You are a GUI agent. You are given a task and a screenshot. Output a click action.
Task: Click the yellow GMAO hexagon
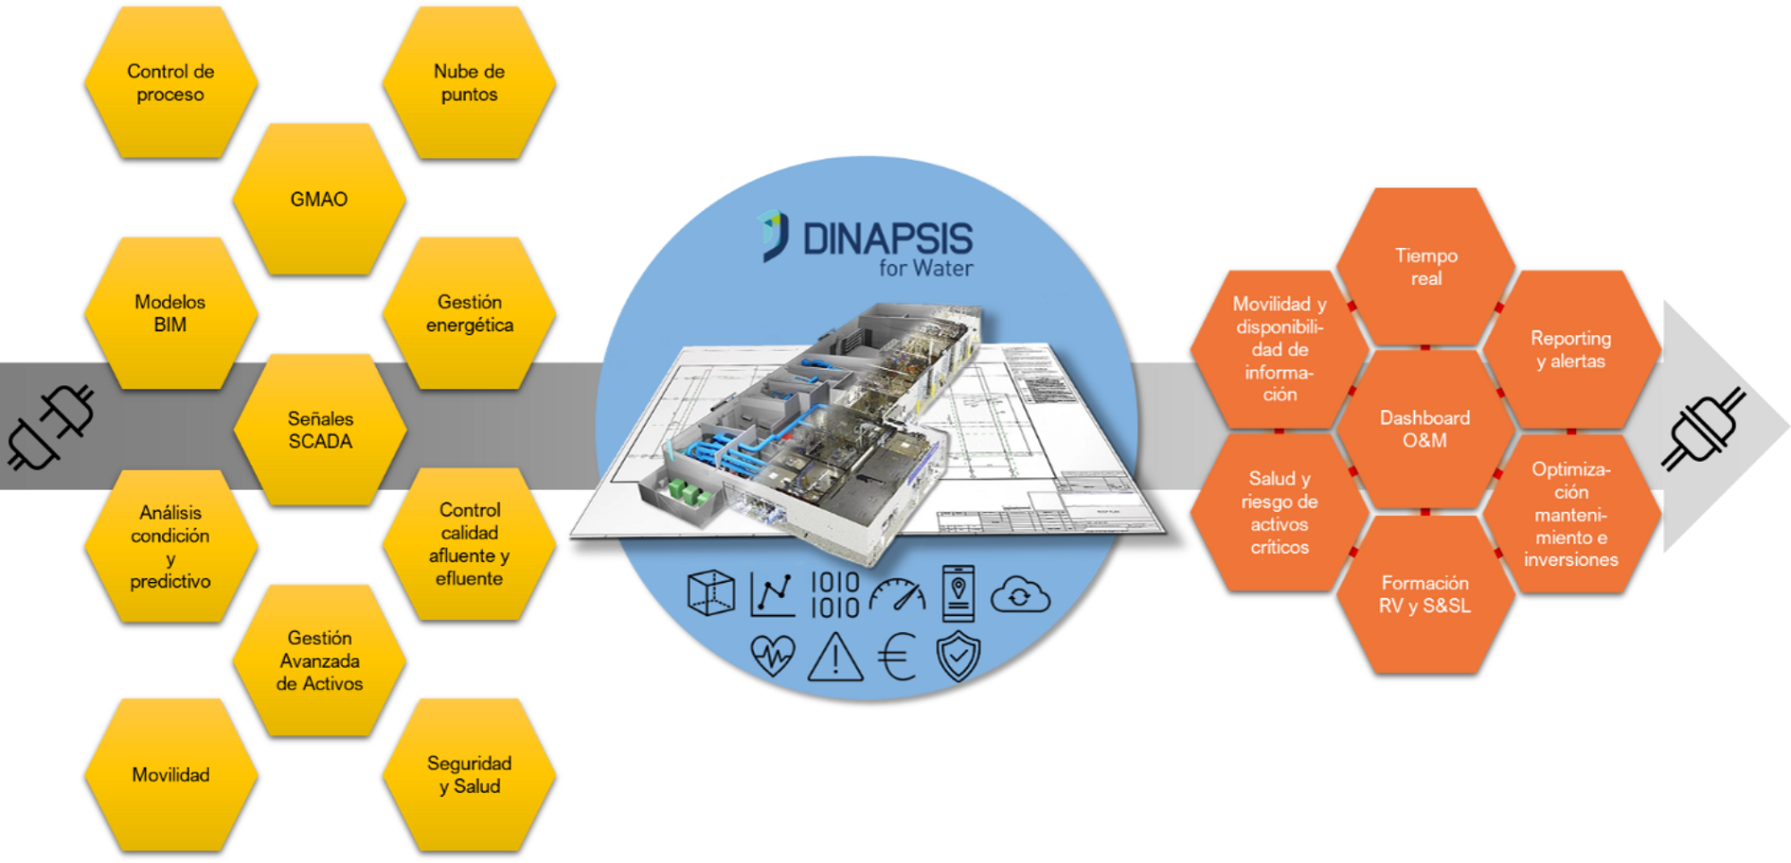(319, 199)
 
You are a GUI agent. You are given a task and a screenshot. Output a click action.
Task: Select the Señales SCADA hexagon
(320, 430)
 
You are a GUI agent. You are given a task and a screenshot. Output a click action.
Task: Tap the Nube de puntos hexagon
(469, 83)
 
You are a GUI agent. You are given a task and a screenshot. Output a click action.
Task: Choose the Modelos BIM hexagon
(170, 313)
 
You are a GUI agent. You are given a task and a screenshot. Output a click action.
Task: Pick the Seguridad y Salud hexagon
(469, 774)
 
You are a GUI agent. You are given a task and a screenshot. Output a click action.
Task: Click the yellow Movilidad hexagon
(170, 774)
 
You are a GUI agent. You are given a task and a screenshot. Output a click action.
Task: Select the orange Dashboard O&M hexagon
(1425, 429)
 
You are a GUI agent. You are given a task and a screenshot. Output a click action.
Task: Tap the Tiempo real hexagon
(1426, 267)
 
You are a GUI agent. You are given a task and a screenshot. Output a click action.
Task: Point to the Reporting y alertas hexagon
(1571, 349)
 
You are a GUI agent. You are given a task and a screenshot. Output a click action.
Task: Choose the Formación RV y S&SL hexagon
(1425, 594)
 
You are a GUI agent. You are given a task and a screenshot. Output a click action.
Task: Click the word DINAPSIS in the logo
(887, 239)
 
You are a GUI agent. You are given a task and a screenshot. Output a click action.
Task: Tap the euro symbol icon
(897, 656)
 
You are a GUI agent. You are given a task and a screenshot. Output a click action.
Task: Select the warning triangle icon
(836, 658)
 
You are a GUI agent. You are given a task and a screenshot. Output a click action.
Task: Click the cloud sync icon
(1019, 595)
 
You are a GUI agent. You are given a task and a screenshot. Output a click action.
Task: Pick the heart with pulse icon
(772, 655)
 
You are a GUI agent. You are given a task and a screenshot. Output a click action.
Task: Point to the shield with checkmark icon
(958, 656)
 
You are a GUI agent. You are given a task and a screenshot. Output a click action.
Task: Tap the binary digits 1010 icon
(835, 595)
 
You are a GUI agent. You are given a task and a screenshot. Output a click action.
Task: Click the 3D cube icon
(711, 594)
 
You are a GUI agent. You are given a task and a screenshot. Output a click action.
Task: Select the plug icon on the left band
(50, 426)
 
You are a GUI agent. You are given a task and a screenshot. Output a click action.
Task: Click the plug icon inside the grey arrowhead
(1704, 428)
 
